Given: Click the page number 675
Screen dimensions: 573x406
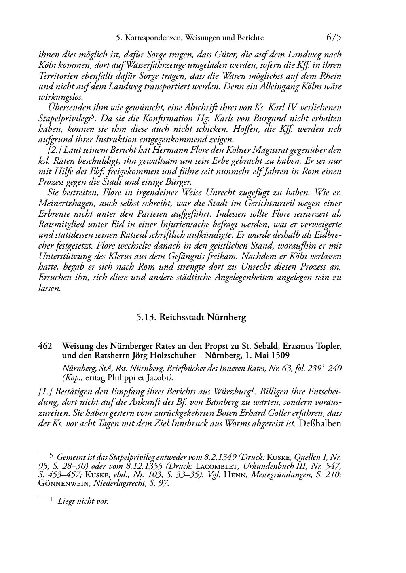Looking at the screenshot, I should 334,37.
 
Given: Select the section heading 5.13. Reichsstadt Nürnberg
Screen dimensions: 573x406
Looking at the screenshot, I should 191,317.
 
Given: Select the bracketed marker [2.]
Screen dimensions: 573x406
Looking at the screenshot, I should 54,150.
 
